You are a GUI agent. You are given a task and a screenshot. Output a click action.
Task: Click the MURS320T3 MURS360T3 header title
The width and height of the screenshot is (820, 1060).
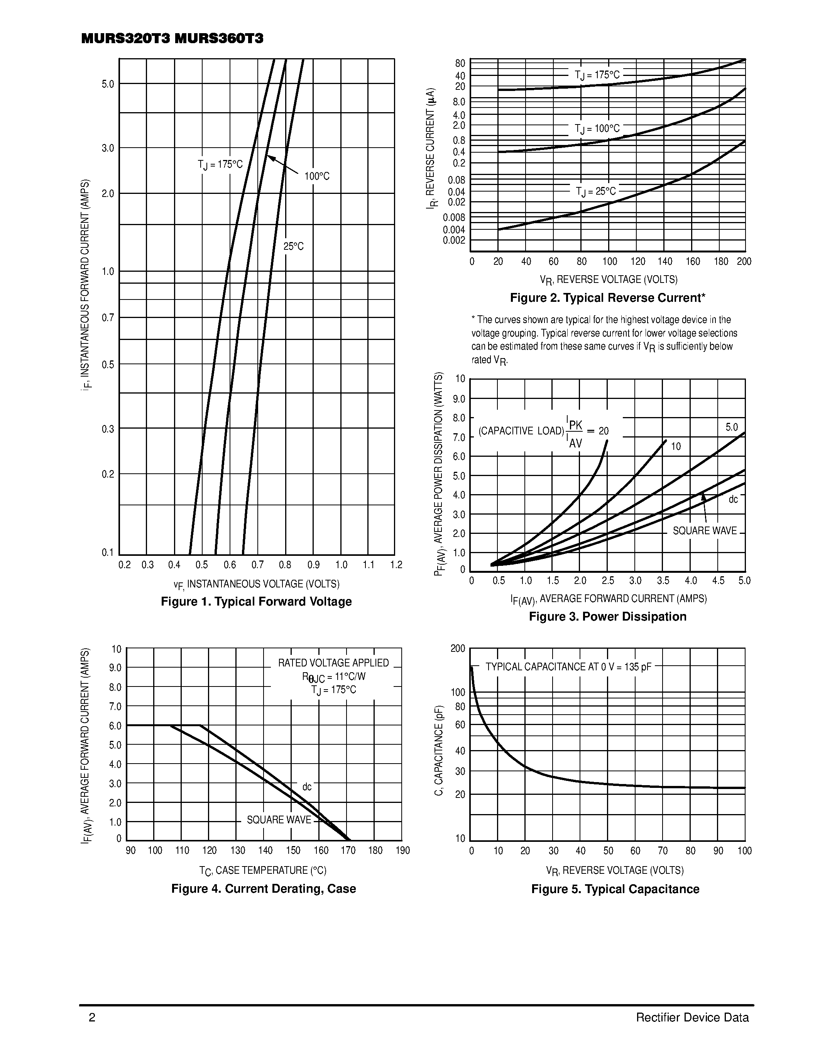click(x=172, y=39)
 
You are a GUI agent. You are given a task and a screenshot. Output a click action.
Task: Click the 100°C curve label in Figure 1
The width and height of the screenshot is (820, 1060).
click(x=317, y=176)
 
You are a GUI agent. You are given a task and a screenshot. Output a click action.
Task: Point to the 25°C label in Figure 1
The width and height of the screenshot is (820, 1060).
click(x=293, y=247)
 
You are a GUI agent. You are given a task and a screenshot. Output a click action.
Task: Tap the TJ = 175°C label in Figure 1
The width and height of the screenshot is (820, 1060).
click(x=220, y=165)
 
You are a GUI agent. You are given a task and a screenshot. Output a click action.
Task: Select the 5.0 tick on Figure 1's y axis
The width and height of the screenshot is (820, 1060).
click(x=108, y=84)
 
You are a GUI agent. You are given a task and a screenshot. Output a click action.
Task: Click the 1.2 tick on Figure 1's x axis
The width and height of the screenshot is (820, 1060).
click(x=396, y=564)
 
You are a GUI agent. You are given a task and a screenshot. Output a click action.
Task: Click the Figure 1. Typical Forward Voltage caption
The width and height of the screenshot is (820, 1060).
click(x=256, y=601)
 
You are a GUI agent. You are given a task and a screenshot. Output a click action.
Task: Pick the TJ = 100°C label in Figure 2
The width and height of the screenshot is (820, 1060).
click(x=597, y=129)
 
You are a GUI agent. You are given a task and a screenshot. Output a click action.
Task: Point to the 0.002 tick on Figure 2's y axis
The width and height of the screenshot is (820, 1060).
click(x=454, y=240)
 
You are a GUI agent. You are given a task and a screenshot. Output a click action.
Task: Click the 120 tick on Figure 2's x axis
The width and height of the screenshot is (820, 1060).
click(x=638, y=262)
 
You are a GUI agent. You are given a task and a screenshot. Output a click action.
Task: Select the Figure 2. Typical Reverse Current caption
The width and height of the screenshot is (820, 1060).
click(x=607, y=298)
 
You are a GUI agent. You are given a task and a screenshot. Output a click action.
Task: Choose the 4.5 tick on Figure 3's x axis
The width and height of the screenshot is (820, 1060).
click(x=718, y=580)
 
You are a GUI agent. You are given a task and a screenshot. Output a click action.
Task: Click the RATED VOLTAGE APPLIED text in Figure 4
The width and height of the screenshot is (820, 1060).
click(x=333, y=663)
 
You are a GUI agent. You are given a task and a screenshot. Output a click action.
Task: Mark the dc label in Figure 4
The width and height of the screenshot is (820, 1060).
click(x=307, y=786)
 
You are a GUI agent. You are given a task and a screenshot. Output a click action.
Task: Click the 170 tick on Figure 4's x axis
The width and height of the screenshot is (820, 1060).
click(x=348, y=850)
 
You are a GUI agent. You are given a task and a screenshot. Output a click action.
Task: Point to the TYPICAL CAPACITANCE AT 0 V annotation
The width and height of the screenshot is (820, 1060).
click(x=568, y=667)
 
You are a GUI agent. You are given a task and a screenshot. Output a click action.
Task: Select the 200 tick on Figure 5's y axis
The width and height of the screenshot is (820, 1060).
click(x=458, y=648)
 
